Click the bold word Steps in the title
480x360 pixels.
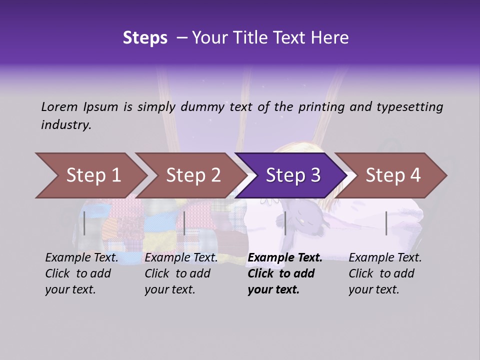click(x=145, y=38)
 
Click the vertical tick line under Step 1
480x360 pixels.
click(x=84, y=223)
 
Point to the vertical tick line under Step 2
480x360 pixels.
click(x=184, y=223)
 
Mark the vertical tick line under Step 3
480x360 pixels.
click(x=285, y=223)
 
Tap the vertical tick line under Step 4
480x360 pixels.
click(x=386, y=223)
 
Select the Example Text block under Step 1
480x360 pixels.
click(x=82, y=273)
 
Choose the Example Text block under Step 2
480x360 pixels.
click(x=181, y=273)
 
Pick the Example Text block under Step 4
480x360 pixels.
click(x=385, y=273)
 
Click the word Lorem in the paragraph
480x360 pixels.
click(x=59, y=106)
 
